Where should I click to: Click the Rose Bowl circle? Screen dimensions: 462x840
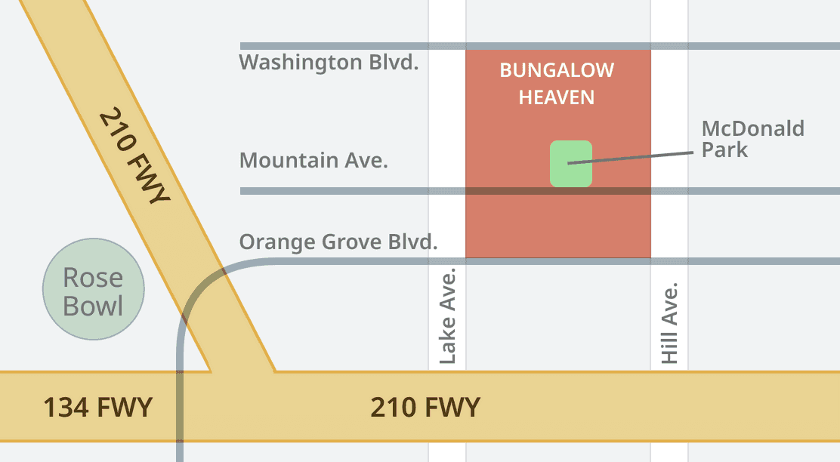tap(93, 289)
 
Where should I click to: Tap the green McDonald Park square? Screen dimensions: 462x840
tap(570, 163)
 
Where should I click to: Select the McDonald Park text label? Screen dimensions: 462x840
tap(752, 139)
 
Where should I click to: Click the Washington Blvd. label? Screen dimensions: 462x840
tap(329, 62)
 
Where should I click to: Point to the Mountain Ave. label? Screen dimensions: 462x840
tap(313, 160)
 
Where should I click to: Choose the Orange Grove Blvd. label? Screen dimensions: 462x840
tap(338, 242)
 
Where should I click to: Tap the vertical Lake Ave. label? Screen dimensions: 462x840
tap(448, 316)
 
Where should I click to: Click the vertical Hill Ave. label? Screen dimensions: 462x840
tap(669, 323)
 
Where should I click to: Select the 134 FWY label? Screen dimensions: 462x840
tap(97, 408)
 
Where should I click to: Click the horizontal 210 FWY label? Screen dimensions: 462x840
tap(425, 408)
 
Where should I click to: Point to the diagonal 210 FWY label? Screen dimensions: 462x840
tap(134, 157)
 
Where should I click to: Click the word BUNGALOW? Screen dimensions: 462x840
tap(557, 71)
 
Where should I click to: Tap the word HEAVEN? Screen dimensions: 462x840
tap(557, 97)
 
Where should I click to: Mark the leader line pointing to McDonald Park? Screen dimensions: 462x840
tap(630, 157)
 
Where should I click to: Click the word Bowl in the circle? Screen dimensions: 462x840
tap(93, 306)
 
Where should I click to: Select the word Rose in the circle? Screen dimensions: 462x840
tap(93, 278)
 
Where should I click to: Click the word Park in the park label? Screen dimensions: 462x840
tap(724, 149)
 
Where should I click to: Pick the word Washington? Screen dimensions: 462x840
tap(301, 62)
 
